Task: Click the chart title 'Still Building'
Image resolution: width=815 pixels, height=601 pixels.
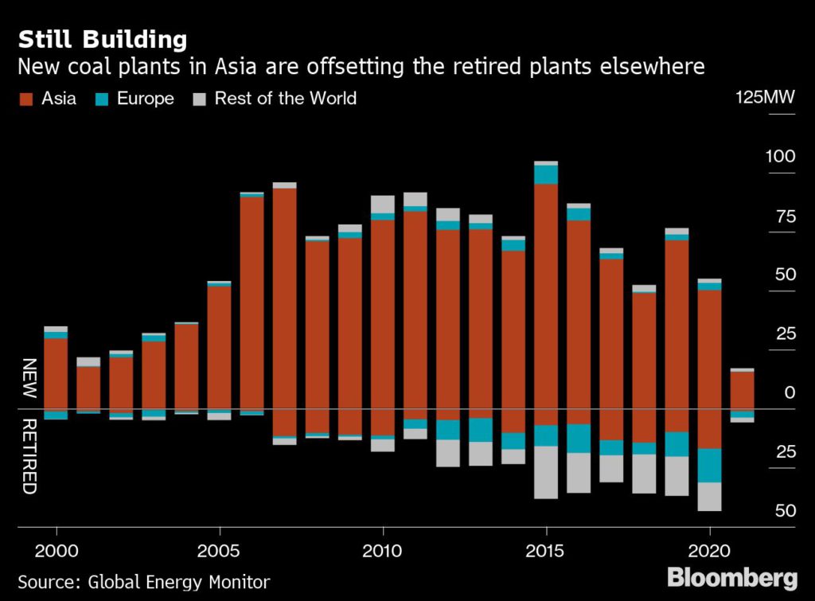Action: tap(103, 39)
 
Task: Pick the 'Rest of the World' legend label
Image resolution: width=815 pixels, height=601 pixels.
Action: tap(285, 99)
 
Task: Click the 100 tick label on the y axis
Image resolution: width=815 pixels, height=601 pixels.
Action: tap(780, 156)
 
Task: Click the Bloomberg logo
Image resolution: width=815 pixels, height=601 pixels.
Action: tap(731, 577)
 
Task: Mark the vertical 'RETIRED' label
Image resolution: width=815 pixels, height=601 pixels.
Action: tap(29, 455)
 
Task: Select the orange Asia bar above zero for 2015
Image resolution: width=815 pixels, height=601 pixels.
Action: tap(546, 295)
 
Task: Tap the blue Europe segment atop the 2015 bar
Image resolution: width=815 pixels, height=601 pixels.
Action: tap(546, 174)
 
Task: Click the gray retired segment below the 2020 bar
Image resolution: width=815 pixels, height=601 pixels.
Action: tap(709, 497)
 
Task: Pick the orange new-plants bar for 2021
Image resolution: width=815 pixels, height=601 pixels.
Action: tap(742, 390)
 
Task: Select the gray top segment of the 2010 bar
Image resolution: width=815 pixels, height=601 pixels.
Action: tap(383, 204)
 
